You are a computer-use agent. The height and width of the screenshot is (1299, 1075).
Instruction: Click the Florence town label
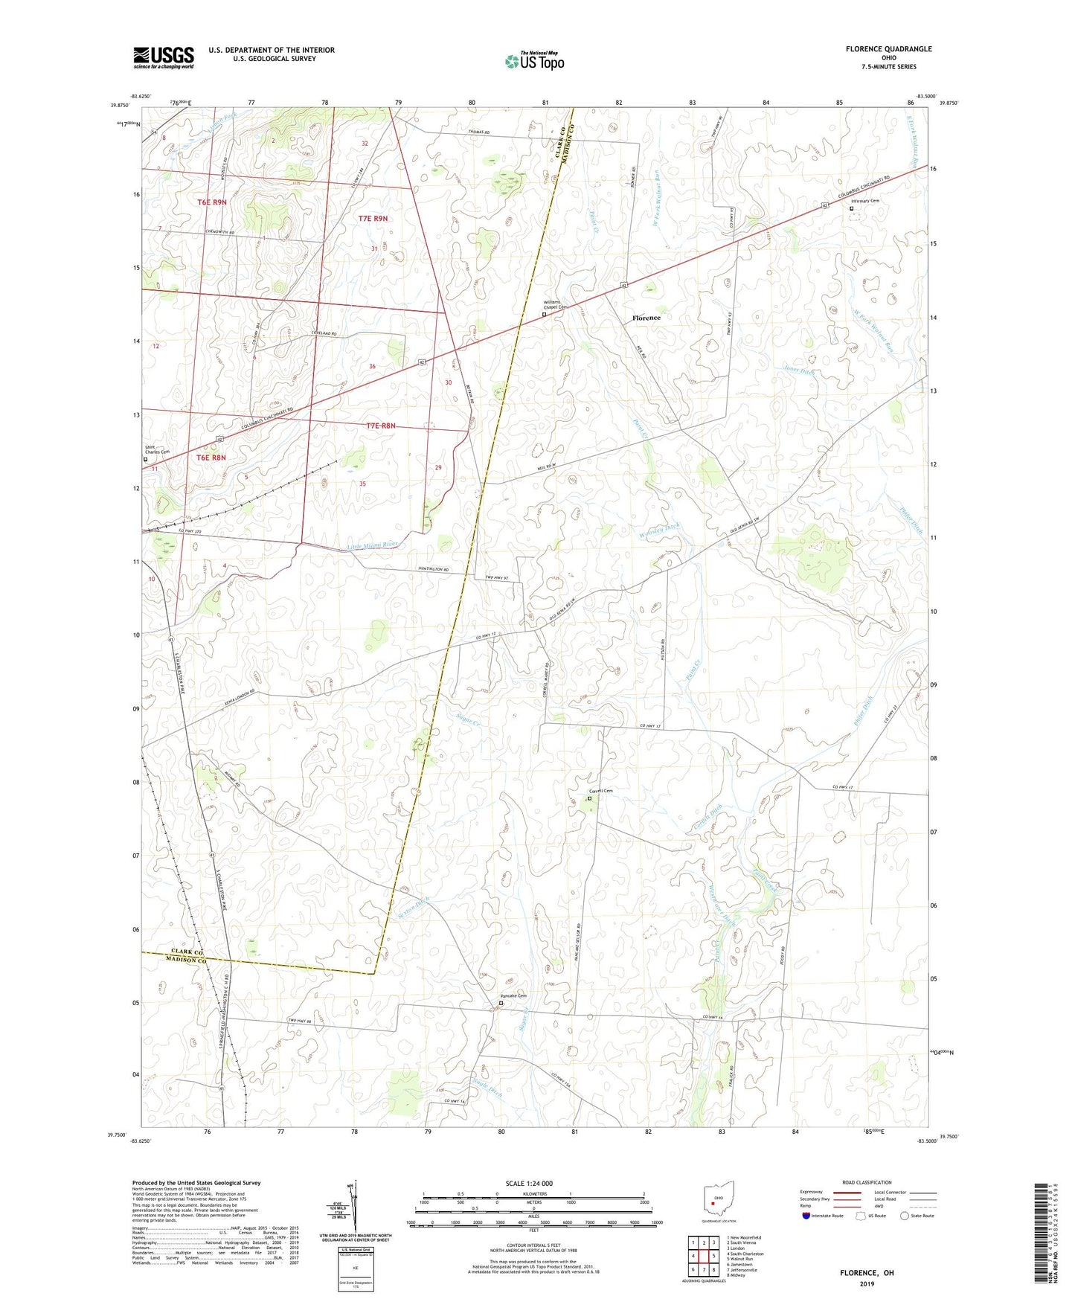[646, 318]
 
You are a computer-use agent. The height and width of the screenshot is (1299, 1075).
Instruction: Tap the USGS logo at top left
[164, 57]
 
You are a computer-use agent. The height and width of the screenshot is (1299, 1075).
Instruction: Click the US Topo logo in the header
[534, 61]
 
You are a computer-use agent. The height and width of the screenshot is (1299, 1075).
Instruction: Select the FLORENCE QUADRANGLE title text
[888, 49]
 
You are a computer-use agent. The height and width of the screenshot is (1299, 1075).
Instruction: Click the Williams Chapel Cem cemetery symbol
[544, 315]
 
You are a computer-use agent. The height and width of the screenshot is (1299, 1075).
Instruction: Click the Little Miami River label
[373, 545]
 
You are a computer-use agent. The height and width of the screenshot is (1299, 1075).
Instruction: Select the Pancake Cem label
[513, 996]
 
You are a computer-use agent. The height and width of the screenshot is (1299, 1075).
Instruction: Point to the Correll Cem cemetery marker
[589, 798]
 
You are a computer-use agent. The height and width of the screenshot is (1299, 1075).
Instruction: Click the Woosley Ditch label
[659, 530]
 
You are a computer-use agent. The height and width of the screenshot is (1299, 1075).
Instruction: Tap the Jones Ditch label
[799, 370]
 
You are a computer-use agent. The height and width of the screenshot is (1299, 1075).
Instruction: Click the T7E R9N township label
[373, 219]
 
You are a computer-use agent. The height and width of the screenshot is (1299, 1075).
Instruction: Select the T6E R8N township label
[211, 458]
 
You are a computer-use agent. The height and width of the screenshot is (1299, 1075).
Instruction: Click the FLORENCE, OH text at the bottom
[867, 1273]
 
